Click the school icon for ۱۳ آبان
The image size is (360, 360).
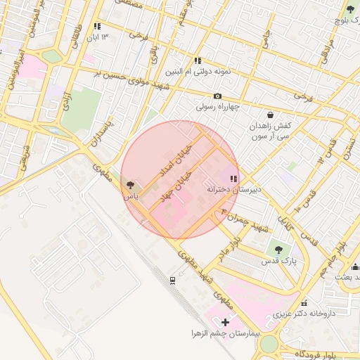[x=97, y=26]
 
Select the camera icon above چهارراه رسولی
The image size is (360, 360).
[x=217, y=96]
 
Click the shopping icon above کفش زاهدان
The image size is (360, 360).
[x=271, y=114]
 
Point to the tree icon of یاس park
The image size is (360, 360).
[x=129, y=185]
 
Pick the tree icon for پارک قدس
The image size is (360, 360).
[x=278, y=250]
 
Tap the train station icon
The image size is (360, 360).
[x=172, y=281]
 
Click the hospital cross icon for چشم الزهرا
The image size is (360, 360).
[x=224, y=321]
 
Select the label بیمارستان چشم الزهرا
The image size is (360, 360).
[x=224, y=332]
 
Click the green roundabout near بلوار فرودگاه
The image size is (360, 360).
[x=269, y=344]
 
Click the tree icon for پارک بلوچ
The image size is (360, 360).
[x=350, y=9]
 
